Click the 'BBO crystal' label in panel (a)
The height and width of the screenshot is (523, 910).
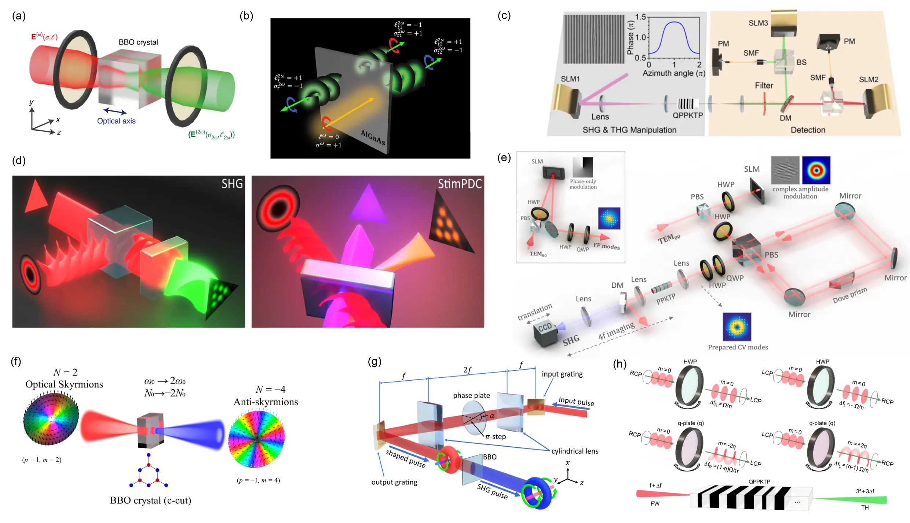coord(138,42)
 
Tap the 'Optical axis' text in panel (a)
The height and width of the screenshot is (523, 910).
coord(116,121)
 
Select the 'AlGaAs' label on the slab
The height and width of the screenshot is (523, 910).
coord(373,137)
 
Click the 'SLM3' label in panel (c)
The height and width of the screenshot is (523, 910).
coord(758,23)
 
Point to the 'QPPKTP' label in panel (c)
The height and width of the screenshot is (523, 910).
coord(688,115)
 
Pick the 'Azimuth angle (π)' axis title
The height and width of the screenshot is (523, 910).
coord(674,73)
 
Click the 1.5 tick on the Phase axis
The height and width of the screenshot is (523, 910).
coord(640,17)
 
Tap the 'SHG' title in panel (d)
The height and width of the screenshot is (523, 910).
coord(232,184)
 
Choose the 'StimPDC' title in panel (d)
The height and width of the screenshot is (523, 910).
coord(460,184)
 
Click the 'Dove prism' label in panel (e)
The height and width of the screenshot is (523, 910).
coord(850,295)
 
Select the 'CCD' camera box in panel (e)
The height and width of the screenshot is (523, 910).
coord(545,332)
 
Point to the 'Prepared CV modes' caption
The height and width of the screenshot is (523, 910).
coord(738,347)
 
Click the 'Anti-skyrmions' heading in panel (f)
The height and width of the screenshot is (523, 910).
coord(266,402)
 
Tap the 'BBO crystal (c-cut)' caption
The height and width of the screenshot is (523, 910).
coord(150,500)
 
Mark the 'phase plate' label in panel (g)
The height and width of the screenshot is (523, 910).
coord(471,395)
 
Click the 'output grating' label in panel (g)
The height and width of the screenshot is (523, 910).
coord(394,482)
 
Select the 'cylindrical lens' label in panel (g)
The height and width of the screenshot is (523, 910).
coord(575,451)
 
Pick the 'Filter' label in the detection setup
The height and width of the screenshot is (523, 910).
coord(764,86)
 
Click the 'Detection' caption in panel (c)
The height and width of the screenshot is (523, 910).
coord(808,130)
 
